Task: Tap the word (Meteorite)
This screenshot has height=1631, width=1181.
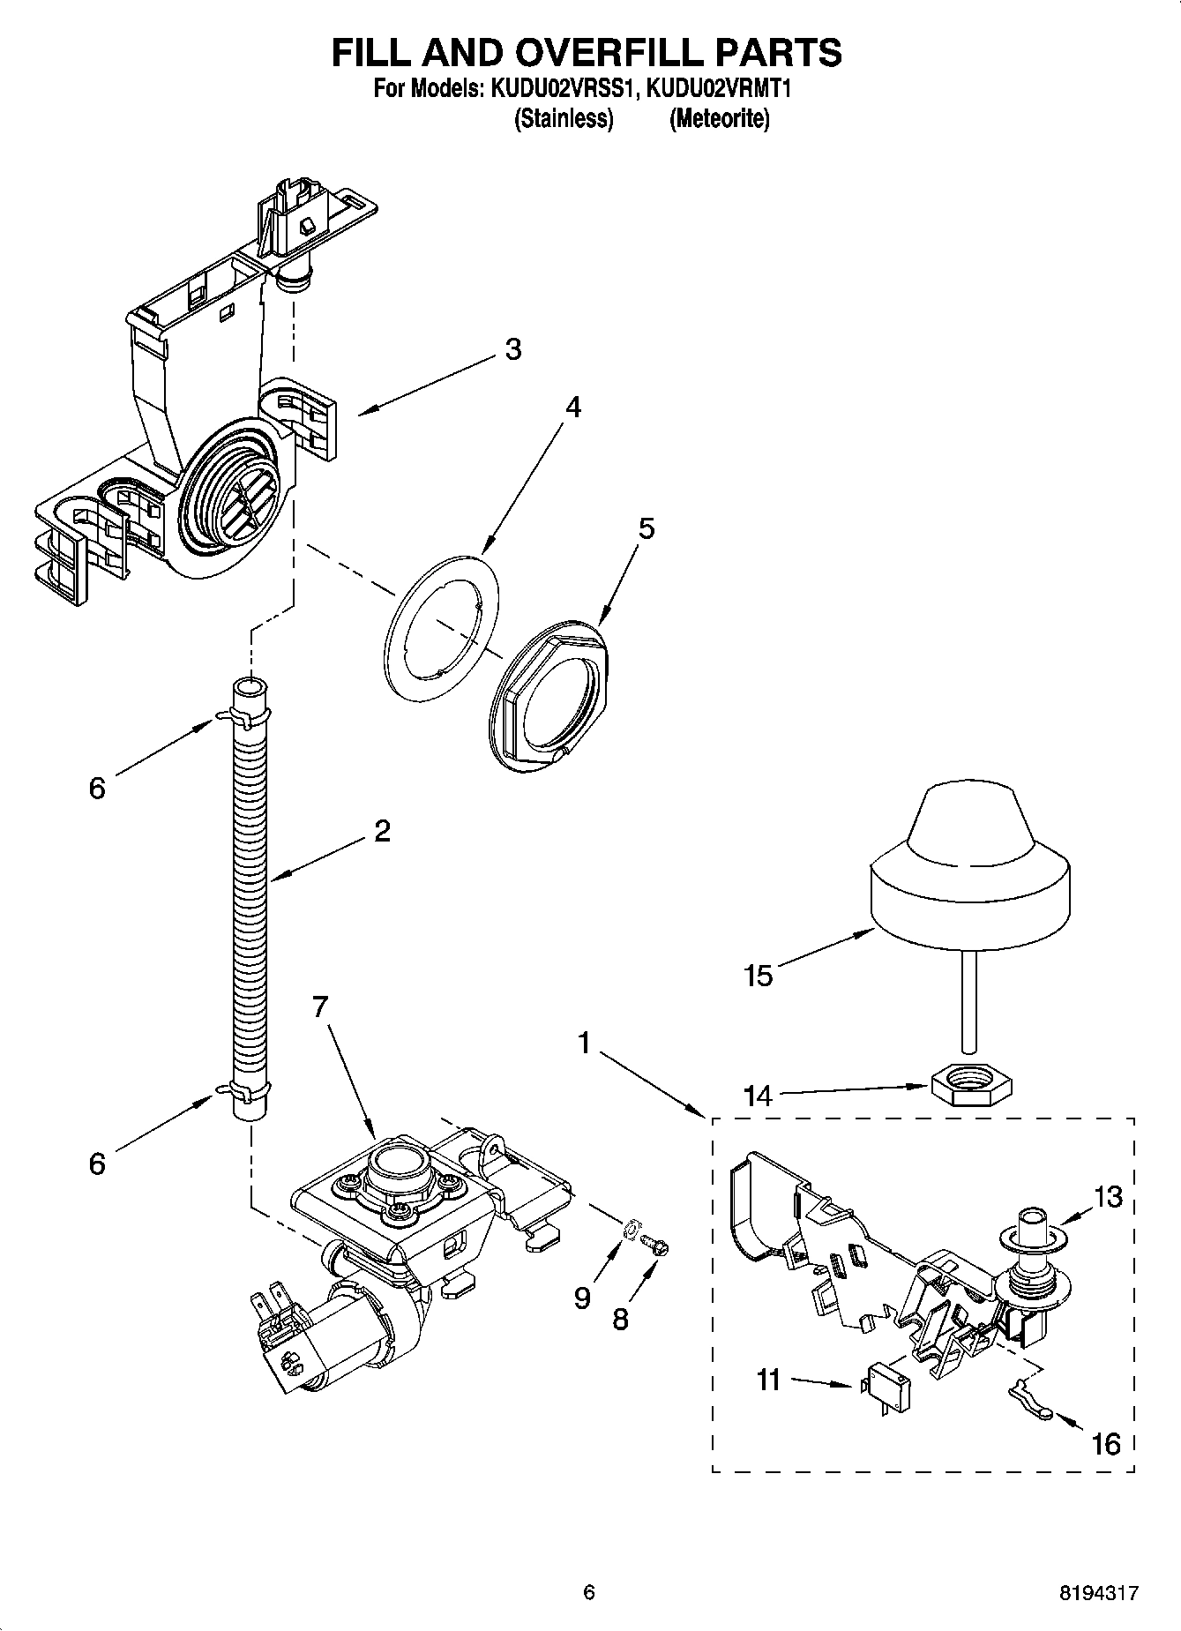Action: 719,118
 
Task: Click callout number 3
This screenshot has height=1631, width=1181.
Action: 513,349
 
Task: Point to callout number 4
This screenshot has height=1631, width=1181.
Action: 573,408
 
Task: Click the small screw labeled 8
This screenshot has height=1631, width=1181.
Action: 657,1244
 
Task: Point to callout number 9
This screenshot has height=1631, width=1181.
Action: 582,1298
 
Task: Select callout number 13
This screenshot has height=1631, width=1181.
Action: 1109,1197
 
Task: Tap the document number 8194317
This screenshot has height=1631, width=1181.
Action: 1098,1593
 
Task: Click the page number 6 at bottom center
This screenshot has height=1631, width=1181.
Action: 589,1592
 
